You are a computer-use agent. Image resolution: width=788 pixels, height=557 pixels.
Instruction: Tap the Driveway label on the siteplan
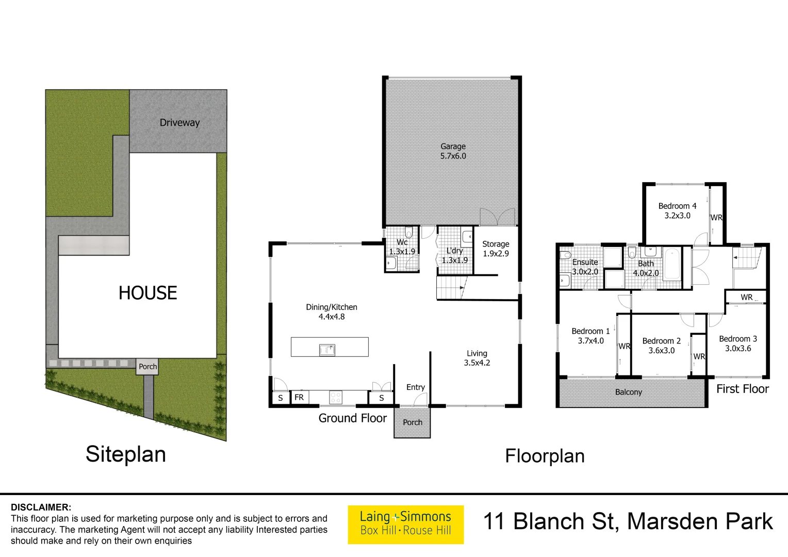179,123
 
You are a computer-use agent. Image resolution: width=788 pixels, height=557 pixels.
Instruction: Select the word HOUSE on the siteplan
147,293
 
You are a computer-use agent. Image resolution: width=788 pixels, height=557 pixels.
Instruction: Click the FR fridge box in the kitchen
299,398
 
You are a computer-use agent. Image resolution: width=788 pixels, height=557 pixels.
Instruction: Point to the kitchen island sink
327,350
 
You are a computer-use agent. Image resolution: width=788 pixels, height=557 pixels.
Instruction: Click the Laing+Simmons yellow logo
405,524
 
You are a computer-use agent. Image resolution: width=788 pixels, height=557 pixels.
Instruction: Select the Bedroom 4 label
677,206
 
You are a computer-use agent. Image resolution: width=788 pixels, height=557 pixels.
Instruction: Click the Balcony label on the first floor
628,392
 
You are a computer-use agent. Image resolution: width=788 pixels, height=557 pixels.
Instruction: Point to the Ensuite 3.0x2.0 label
585,267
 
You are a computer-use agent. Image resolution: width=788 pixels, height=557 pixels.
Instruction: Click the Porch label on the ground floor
412,422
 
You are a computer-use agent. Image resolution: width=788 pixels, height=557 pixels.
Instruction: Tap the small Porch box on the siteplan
147,367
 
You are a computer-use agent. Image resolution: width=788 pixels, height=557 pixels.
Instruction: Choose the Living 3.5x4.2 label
477,358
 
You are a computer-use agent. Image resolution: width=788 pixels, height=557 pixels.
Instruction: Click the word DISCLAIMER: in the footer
41,507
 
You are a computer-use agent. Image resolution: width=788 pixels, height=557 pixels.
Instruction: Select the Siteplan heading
126,454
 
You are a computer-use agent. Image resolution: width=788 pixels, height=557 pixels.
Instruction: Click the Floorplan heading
545,456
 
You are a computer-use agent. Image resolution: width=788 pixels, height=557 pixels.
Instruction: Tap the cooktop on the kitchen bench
336,398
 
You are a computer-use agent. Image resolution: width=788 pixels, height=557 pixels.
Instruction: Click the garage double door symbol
497,217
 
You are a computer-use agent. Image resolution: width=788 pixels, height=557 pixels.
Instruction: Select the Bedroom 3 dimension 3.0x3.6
738,349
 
